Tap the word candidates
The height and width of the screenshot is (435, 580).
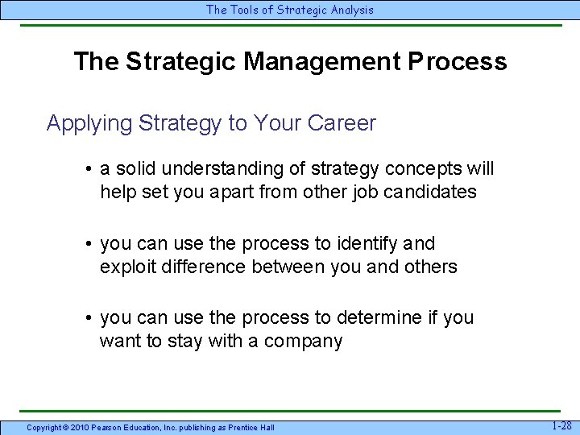(432, 193)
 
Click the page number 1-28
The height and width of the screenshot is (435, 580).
(561, 425)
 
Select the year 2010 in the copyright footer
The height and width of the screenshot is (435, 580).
(78, 427)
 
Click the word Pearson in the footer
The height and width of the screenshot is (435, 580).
(106, 427)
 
